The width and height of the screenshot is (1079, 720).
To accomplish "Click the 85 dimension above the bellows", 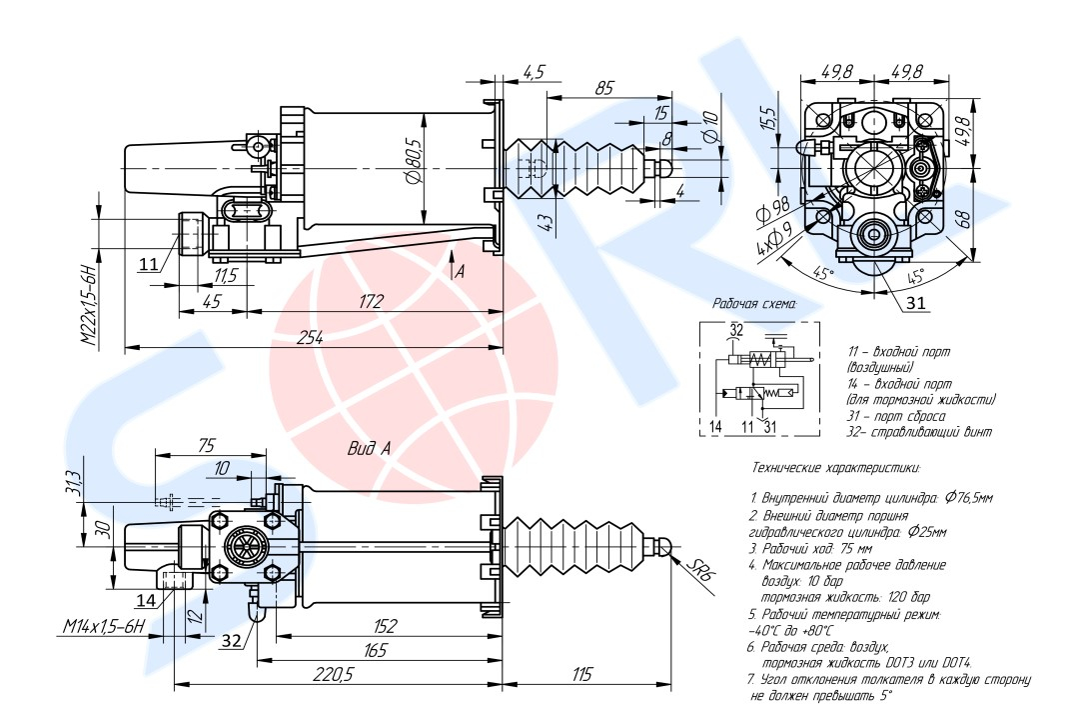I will (604, 88).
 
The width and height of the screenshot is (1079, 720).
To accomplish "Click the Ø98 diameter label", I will (774, 211).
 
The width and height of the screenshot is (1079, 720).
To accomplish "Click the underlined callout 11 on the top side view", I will (148, 264).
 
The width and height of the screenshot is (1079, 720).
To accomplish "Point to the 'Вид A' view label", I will (369, 449).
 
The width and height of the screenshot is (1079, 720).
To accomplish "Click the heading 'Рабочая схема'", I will (754, 302).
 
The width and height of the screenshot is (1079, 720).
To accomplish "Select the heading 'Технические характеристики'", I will (833, 467).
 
